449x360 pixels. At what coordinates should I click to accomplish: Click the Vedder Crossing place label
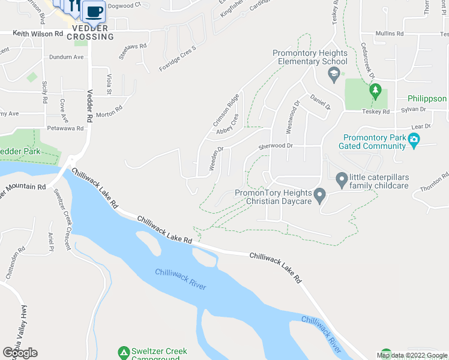click(90, 32)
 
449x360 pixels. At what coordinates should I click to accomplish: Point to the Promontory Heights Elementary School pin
click(333, 75)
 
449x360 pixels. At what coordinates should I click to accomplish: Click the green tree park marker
click(376, 91)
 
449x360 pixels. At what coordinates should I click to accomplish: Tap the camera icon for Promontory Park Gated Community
click(413, 141)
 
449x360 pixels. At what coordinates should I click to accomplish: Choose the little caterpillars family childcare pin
click(342, 179)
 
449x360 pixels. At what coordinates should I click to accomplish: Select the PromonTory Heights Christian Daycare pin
click(320, 196)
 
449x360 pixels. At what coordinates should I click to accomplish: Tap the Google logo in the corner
click(20, 353)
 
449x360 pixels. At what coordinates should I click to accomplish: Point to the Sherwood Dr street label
click(275, 146)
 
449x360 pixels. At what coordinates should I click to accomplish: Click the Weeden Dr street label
click(216, 160)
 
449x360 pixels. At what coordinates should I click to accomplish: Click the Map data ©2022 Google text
click(412, 355)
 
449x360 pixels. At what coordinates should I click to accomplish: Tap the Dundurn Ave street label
click(66, 58)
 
